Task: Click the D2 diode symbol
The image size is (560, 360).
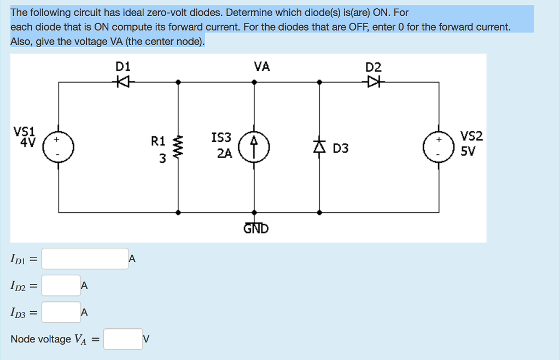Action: (375, 82)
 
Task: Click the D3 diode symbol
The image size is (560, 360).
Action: (320, 147)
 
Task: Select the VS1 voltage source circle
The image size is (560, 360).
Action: (59, 147)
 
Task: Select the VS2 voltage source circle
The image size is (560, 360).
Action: (439, 147)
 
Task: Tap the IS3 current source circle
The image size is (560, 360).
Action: (254, 147)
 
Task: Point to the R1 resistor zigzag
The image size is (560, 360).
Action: (178, 147)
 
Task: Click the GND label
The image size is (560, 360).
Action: (256, 228)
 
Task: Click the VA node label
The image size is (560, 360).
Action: (261, 67)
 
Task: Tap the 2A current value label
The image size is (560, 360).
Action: (224, 154)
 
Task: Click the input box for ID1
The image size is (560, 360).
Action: (85, 259)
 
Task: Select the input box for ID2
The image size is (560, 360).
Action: (61, 285)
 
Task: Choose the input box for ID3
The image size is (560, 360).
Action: (61, 312)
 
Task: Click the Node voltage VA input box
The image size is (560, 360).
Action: (123, 339)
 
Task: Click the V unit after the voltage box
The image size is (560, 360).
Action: (146, 339)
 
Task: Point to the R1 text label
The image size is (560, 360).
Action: (157, 141)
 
